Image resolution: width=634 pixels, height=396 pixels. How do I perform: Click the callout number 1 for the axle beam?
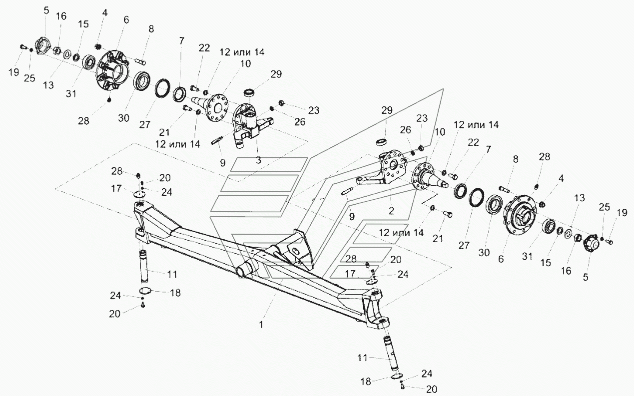[x=261, y=325]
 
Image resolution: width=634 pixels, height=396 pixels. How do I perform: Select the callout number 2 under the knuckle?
[x=391, y=211]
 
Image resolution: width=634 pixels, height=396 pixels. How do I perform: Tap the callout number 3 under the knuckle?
[x=258, y=160]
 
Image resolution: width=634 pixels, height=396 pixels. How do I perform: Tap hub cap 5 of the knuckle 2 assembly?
[x=592, y=243]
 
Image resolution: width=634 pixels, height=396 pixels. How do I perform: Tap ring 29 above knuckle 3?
[x=249, y=92]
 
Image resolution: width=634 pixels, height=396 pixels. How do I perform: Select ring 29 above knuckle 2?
[x=382, y=142]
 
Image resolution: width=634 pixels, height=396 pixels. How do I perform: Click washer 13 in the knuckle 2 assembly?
[x=568, y=234]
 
